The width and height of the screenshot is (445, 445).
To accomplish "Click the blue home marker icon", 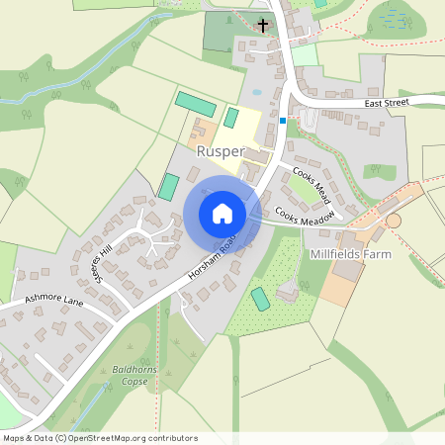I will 222,214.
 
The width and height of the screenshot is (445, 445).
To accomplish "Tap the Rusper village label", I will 220,151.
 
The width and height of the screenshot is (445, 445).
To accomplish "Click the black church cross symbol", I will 263,23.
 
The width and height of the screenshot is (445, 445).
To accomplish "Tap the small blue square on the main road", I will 283,121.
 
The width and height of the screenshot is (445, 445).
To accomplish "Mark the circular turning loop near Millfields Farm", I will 394,221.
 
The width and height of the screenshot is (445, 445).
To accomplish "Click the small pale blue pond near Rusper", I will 257,92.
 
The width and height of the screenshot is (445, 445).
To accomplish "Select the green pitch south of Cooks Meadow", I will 260,298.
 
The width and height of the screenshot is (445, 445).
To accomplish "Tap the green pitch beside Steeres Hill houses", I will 169,185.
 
